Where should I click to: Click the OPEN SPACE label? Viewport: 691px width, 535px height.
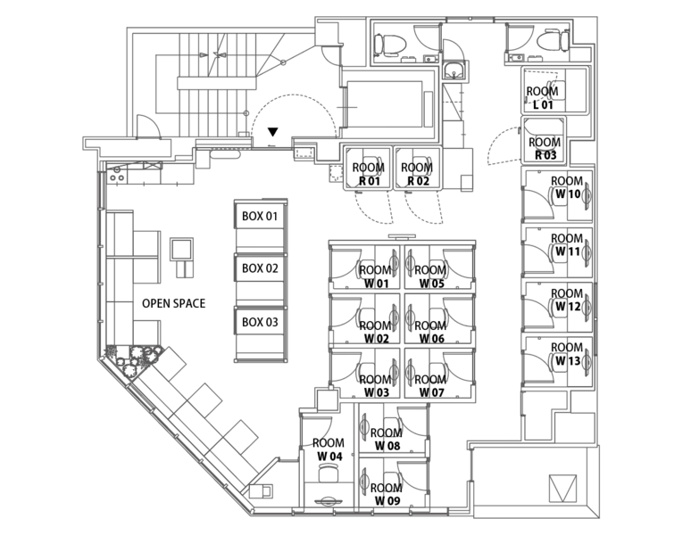(x=173, y=303)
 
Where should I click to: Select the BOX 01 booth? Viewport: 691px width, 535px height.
(x=261, y=217)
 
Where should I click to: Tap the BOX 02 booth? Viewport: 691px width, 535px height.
(x=261, y=268)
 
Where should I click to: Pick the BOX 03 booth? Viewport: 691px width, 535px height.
(x=261, y=322)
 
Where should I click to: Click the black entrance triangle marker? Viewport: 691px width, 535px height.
(x=273, y=133)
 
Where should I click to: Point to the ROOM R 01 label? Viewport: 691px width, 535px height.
(x=368, y=174)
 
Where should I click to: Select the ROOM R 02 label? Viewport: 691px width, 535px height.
(x=418, y=174)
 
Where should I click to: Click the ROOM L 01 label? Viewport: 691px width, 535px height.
(x=543, y=97)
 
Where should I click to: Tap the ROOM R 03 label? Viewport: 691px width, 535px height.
(x=545, y=148)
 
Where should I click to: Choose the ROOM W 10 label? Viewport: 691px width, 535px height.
(x=567, y=188)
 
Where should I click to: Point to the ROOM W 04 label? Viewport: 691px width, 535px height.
(x=329, y=449)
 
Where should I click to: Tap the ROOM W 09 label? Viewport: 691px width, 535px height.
(x=387, y=494)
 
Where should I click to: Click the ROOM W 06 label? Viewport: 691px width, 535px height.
(x=430, y=332)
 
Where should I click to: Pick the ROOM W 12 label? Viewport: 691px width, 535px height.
(x=567, y=300)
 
